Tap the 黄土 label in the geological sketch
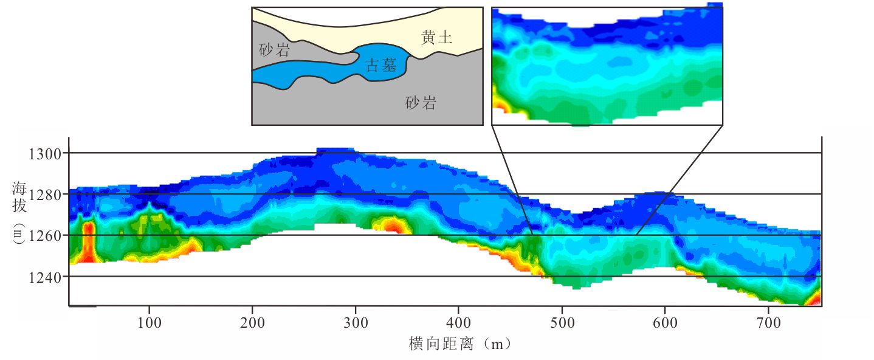coord(436,38)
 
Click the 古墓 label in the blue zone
coord(382,66)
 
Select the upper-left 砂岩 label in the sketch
coord(274,50)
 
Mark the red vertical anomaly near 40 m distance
coord(89,242)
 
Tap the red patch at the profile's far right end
coord(814,298)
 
